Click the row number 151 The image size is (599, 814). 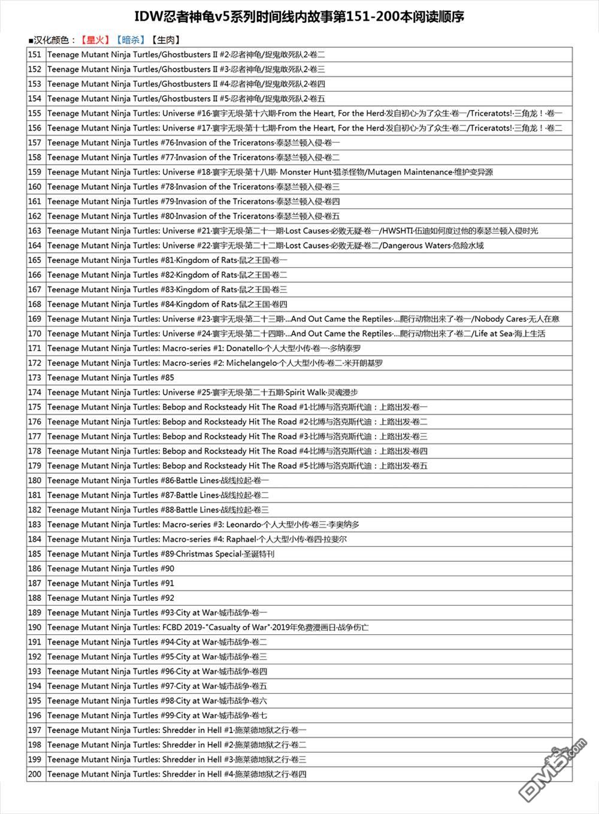coord(35,55)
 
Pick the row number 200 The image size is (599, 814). coord(35,774)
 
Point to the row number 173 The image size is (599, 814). coord(35,377)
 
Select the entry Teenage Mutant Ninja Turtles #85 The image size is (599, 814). coord(111,377)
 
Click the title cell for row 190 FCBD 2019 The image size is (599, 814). coord(208,627)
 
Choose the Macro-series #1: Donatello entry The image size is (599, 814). coord(204,348)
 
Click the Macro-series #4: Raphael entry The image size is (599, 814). coord(196,539)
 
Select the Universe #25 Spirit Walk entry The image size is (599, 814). coord(202,392)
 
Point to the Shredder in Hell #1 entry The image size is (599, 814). coord(177,730)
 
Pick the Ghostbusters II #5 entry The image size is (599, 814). coord(186,98)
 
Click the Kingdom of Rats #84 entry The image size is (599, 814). coord(167,304)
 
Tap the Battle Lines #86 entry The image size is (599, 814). coord(158,480)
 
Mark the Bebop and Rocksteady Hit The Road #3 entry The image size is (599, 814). coord(237,436)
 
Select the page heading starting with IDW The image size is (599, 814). coord(299,17)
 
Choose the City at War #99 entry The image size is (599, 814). coord(157,715)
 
